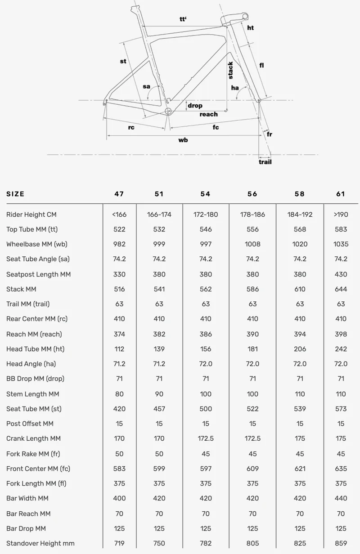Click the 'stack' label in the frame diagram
230,70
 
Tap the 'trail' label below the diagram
265,161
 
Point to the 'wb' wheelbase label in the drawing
183,140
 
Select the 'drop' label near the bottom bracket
195,106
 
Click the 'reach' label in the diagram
208,114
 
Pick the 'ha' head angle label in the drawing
235,88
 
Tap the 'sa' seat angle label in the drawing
147,86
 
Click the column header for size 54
206,194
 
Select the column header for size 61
341,194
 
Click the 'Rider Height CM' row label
31,214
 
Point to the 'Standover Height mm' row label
40,543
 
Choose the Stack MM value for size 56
253,289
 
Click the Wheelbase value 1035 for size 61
341,244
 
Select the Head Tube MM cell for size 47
119,349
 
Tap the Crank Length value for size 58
300,438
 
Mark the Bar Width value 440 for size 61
341,498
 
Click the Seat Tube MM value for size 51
159,409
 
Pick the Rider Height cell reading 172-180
206,214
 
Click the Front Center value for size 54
206,469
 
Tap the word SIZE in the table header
15,194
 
